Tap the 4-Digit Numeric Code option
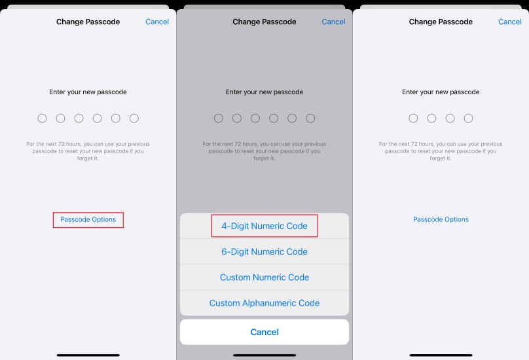(264, 226)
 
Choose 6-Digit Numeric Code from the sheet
(264, 251)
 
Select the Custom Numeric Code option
(264, 277)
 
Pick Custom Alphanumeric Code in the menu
(264, 302)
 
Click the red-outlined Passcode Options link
(88, 219)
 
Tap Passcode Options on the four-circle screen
(441, 219)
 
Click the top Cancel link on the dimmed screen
(333, 22)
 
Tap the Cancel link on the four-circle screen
(510, 22)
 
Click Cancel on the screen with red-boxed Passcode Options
(157, 22)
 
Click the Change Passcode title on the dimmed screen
(264, 22)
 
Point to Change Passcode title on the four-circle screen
(441, 22)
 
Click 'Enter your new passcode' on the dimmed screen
(264, 92)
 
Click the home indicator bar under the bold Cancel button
(264, 355)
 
